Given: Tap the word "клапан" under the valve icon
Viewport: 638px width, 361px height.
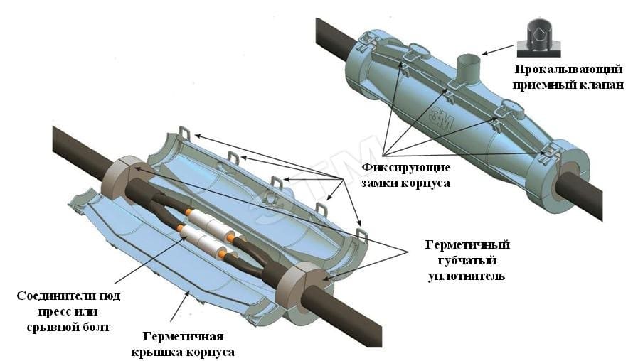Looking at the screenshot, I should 602,85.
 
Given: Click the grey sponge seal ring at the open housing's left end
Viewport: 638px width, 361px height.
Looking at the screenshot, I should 120,176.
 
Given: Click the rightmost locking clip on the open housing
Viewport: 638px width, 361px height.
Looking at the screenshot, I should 361,233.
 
